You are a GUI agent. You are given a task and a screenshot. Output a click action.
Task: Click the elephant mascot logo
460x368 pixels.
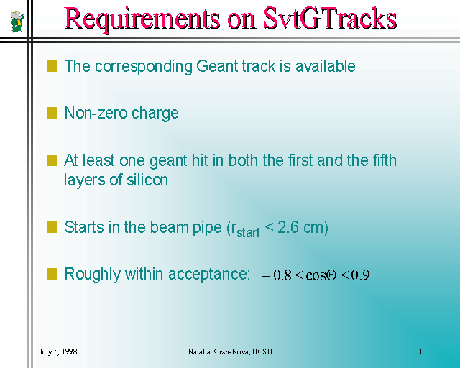point(17,21)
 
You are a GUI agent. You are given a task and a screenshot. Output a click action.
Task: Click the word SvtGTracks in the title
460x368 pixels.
point(330,18)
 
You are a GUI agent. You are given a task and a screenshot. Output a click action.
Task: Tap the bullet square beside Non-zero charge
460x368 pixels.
point(52,113)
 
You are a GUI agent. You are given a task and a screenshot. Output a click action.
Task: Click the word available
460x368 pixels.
point(326,65)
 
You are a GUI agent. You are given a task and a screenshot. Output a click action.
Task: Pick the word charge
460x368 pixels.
point(155,114)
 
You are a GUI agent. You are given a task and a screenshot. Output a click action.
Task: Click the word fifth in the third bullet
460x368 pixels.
point(385,160)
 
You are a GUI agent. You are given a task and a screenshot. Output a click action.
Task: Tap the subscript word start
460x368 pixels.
point(248,232)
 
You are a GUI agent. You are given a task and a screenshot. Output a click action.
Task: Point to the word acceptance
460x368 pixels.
point(209,275)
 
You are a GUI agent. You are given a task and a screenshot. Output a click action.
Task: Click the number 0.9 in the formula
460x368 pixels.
point(360,275)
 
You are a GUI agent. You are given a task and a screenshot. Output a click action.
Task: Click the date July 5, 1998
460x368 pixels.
point(58,351)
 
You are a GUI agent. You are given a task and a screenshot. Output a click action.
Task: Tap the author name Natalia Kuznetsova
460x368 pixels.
point(218,351)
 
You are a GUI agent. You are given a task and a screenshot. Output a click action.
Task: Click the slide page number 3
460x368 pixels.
point(420,351)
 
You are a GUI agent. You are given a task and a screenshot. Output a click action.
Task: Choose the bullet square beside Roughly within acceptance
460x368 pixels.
point(52,274)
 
